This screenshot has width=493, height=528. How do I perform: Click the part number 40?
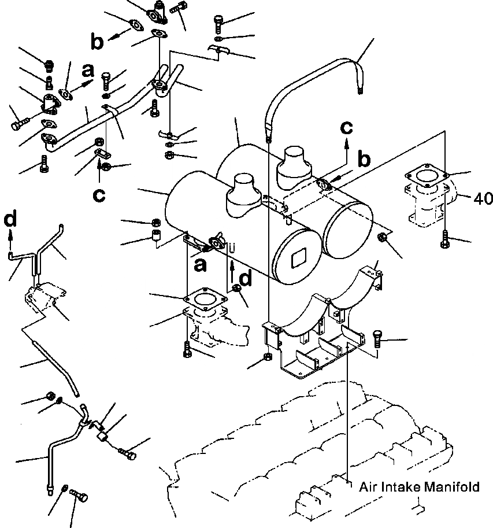[x=483, y=198]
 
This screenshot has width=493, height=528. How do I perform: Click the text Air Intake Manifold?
[x=418, y=487]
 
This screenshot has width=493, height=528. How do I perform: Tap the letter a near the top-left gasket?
[x=87, y=71]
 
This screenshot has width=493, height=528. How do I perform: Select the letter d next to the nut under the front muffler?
[x=245, y=279]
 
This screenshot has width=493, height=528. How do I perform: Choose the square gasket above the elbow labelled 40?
[x=428, y=175]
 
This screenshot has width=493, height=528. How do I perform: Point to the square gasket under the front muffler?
[x=203, y=300]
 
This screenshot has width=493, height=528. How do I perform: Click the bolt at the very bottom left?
[x=79, y=496]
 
